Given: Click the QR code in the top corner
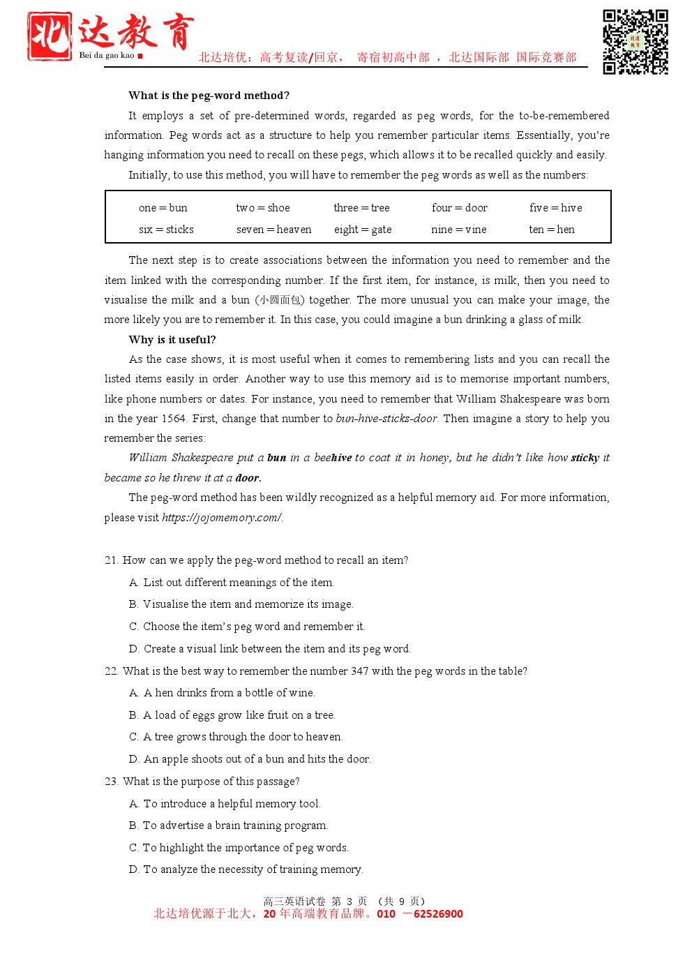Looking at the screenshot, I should (x=635, y=42).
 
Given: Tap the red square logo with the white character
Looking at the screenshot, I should (x=50, y=36).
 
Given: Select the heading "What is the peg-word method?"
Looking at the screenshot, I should (x=209, y=96).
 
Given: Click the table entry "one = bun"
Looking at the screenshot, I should (x=163, y=208).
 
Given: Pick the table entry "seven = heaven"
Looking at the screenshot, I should (x=273, y=230).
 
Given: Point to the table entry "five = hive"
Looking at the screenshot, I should (x=555, y=208).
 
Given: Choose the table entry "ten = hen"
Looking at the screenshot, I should (x=551, y=230).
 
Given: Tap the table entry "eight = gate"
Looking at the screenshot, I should (x=362, y=230).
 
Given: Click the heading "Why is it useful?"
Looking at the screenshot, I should (x=172, y=340).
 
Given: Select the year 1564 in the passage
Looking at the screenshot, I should (x=174, y=419).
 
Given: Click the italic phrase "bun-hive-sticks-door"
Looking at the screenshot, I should (x=386, y=419).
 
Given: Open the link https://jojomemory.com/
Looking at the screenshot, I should (x=222, y=518).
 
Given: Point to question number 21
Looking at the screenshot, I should (x=111, y=560).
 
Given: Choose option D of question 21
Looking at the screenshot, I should (x=270, y=649).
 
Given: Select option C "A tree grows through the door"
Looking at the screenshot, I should (x=236, y=737).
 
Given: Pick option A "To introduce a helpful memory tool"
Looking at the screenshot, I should (x=225, y=804).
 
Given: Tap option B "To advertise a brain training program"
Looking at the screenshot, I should (x=228, y=825).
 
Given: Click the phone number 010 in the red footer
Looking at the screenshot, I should (x=386, y=914).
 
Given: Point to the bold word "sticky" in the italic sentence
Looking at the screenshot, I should (x=585, y=458).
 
